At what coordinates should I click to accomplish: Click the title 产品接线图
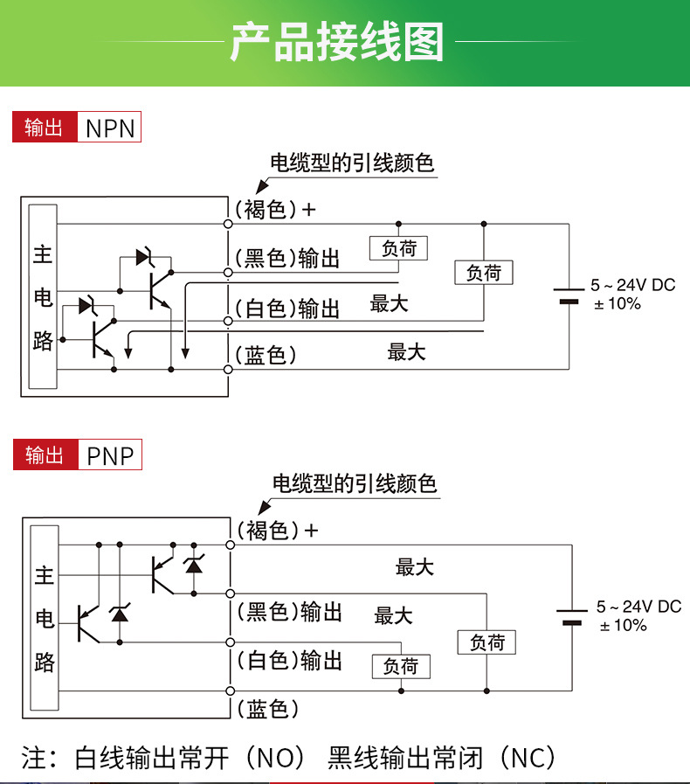coord(337,42)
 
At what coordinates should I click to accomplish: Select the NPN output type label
coord(110,128)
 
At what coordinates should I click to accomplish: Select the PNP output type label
coord(110,455)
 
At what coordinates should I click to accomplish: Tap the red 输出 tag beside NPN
coord(45,128)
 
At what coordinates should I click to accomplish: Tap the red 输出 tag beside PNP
coord(45,455)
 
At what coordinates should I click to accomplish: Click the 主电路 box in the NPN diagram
coord(43,297)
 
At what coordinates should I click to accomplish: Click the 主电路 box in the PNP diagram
coord(45,619)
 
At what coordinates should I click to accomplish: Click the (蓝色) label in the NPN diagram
coord(266,355)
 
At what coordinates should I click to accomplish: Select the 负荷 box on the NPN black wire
coord(399,249)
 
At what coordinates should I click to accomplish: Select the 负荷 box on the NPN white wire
coord(484,273)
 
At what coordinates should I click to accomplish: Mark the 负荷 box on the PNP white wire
coord(401,666)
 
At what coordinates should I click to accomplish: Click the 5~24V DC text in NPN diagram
coord(632,285)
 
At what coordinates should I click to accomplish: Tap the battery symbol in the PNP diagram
coord(572,617)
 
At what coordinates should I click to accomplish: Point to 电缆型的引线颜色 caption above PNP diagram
coord(355,483)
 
